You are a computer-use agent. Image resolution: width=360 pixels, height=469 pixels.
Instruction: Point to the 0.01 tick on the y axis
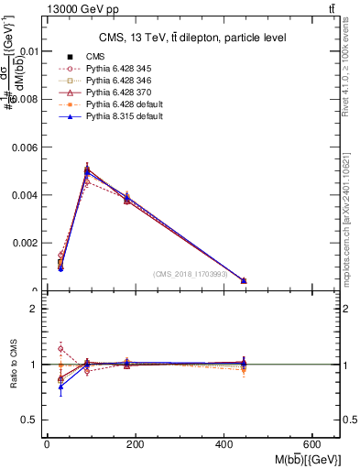tap(29, 51)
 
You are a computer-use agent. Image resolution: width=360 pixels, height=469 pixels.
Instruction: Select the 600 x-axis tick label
tap(314, 443)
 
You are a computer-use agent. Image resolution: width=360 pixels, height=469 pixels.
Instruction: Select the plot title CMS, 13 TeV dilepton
tap(192, 38)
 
